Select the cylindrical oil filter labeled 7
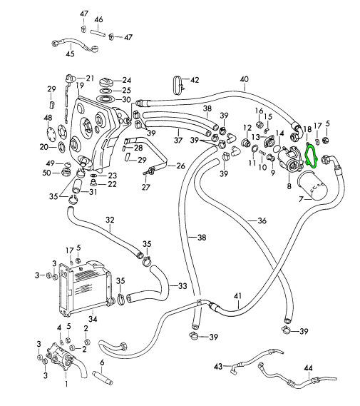[x=312, y=186]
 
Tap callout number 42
[x=195, y=80]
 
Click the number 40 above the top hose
[x=245, y=79]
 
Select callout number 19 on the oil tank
[x=80, y=85]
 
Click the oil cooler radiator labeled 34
[x=86, y=288]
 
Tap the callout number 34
[x=93, y=319]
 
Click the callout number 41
[x=238, y=296]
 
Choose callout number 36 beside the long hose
[x=262, y=220]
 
